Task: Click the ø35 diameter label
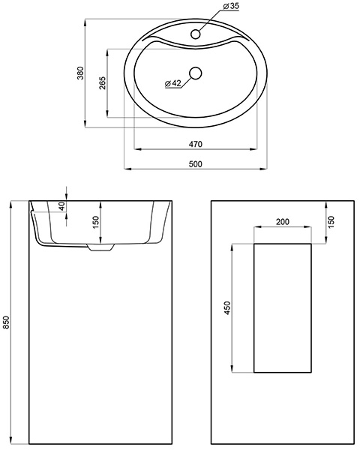coord(231,6)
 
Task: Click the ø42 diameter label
coord(173,83)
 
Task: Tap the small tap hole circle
coord(196,34)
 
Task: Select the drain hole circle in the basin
coord(196,73)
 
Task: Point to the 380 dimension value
coord(81,73)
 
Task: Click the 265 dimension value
coord(103,83)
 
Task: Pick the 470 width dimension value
coord(196,144)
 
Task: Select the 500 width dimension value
coord(196,164)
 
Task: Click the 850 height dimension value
coord(6,322)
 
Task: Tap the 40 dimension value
coord(61,206)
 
